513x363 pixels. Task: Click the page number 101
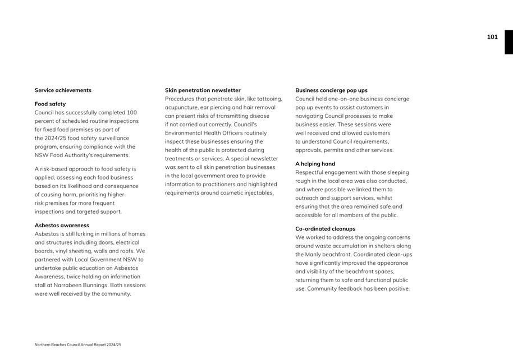(x=492, y=37)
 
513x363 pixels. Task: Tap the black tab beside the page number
(x=509, y=42)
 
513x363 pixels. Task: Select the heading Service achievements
(x=63, y=90)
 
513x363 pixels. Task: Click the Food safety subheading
(x=50, y=104)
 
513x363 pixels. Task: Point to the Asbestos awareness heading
(x=62, y=226)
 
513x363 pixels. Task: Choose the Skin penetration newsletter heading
(x=203, y=90)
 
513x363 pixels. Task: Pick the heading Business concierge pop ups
(x=331, y=90)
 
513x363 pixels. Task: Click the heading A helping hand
(x=315, y=164)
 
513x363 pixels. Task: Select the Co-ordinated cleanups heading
(x=325, y=229)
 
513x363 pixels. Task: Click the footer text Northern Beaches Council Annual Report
(x=77, y=344)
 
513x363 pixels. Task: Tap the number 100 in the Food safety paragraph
(x=132, y=113)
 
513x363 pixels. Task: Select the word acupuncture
(x=182, y=107)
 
